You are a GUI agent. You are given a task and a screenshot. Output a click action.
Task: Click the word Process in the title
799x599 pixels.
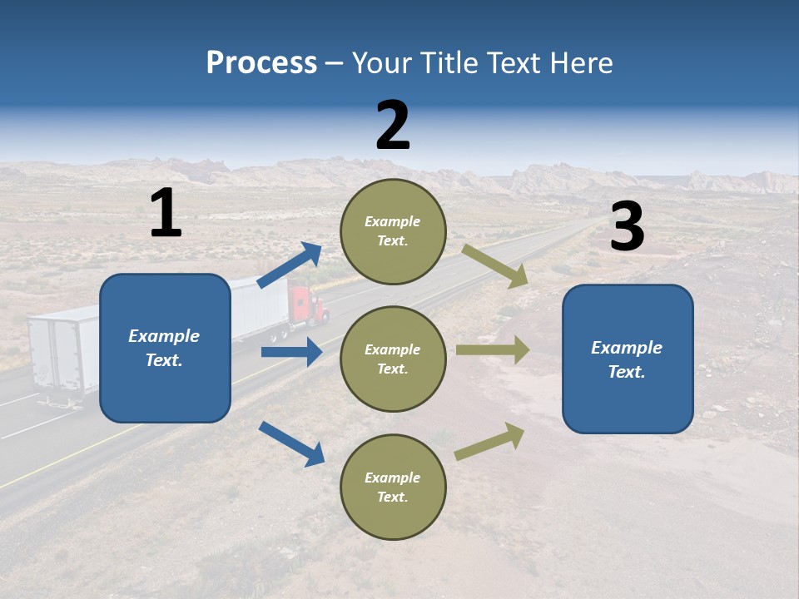(261, 63)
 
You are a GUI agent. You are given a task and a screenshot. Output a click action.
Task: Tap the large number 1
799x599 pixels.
(166, 213)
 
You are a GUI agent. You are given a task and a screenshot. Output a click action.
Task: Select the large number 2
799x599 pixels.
(393, 125)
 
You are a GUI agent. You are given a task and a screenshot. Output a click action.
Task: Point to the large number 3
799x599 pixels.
(627, 227)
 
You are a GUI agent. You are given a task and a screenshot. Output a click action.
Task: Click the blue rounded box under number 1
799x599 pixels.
(165, 348)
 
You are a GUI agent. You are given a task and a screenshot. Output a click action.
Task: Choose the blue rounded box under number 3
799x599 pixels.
(628, 359)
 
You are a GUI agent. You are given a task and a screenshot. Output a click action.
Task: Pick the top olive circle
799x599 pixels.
(393, 230)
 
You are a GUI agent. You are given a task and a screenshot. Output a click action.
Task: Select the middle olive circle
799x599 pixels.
(393, 359)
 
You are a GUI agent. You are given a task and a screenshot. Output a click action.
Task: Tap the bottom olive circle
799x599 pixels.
(393, 487)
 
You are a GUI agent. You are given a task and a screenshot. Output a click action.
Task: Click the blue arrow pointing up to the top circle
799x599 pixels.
(289, 265)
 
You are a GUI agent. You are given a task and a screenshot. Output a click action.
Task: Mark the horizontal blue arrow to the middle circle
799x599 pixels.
(291, 352)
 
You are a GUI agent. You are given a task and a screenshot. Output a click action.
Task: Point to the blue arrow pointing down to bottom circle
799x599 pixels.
(291, 443)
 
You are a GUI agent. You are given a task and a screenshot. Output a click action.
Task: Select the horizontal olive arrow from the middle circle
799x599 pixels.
(493, 349)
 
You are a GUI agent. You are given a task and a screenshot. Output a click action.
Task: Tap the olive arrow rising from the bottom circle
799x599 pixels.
(489, 442)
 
